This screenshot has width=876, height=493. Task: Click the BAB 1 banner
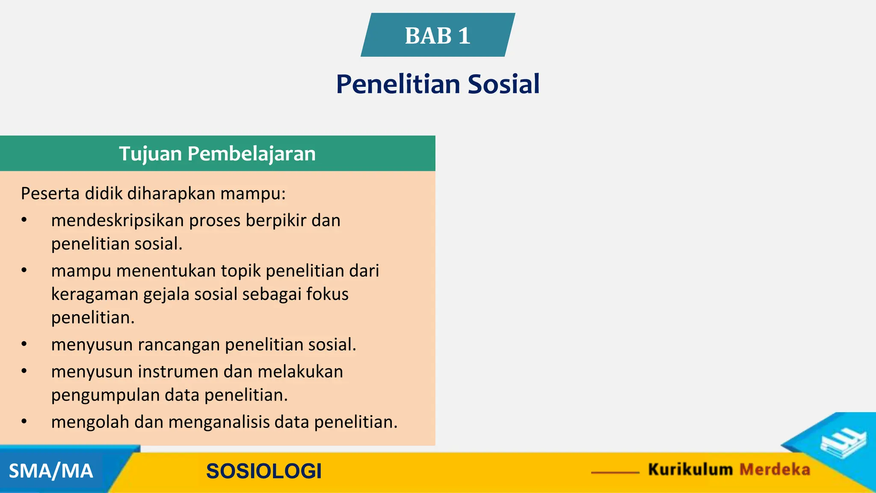click(438, 35)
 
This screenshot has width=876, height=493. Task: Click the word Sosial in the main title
click(503, 84)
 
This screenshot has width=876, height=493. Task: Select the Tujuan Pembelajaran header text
click(217, 154)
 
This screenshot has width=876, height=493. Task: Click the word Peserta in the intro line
click(50, 193)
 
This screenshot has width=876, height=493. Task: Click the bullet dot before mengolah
click(24, 422)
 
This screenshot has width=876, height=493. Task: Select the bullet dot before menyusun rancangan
click(24, 345)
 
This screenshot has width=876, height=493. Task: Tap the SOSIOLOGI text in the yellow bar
click(263, 471)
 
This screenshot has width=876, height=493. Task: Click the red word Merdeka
click(775, 469)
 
